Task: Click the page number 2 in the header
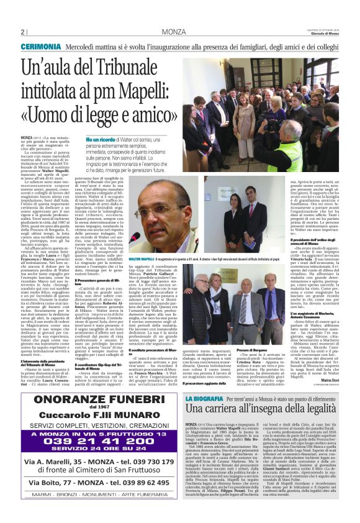(x=22, y=32)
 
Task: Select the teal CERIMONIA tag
(x=41, y=47)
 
